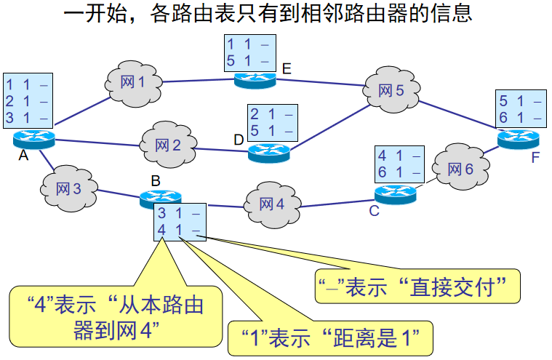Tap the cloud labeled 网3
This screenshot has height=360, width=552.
click(x=68, y=188)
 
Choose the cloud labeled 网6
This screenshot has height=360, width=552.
click(x=459, y=169)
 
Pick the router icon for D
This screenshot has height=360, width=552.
click(x=268, y=151)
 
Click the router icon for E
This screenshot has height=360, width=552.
click(x=255, y=79)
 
